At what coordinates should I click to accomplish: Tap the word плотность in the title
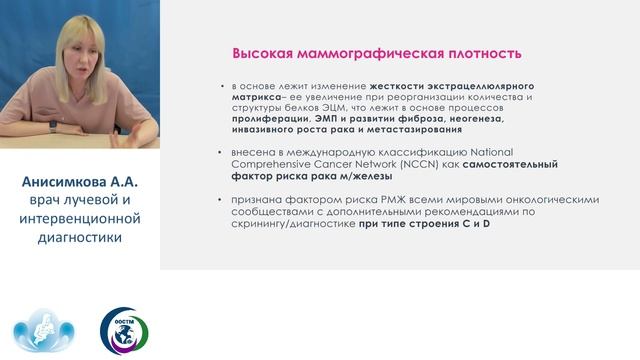(x=478, y=52)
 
